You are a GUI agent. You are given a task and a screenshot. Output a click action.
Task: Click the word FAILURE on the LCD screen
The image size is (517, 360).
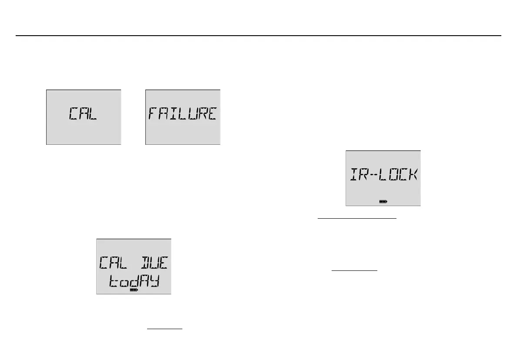(x=183, y=114)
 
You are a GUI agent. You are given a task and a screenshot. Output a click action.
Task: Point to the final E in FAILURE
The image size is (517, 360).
(x=212, y=114)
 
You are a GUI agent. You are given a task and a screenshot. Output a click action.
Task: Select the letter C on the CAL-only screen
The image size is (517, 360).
(x=73, y=114)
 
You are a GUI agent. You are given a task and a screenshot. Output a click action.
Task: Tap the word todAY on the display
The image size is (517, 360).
(x=134, y=282)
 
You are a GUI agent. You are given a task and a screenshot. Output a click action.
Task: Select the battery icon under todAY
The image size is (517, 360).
(x=134, y=290)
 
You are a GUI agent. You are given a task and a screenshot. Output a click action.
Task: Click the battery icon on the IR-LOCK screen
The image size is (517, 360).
(x=383, y=202)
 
